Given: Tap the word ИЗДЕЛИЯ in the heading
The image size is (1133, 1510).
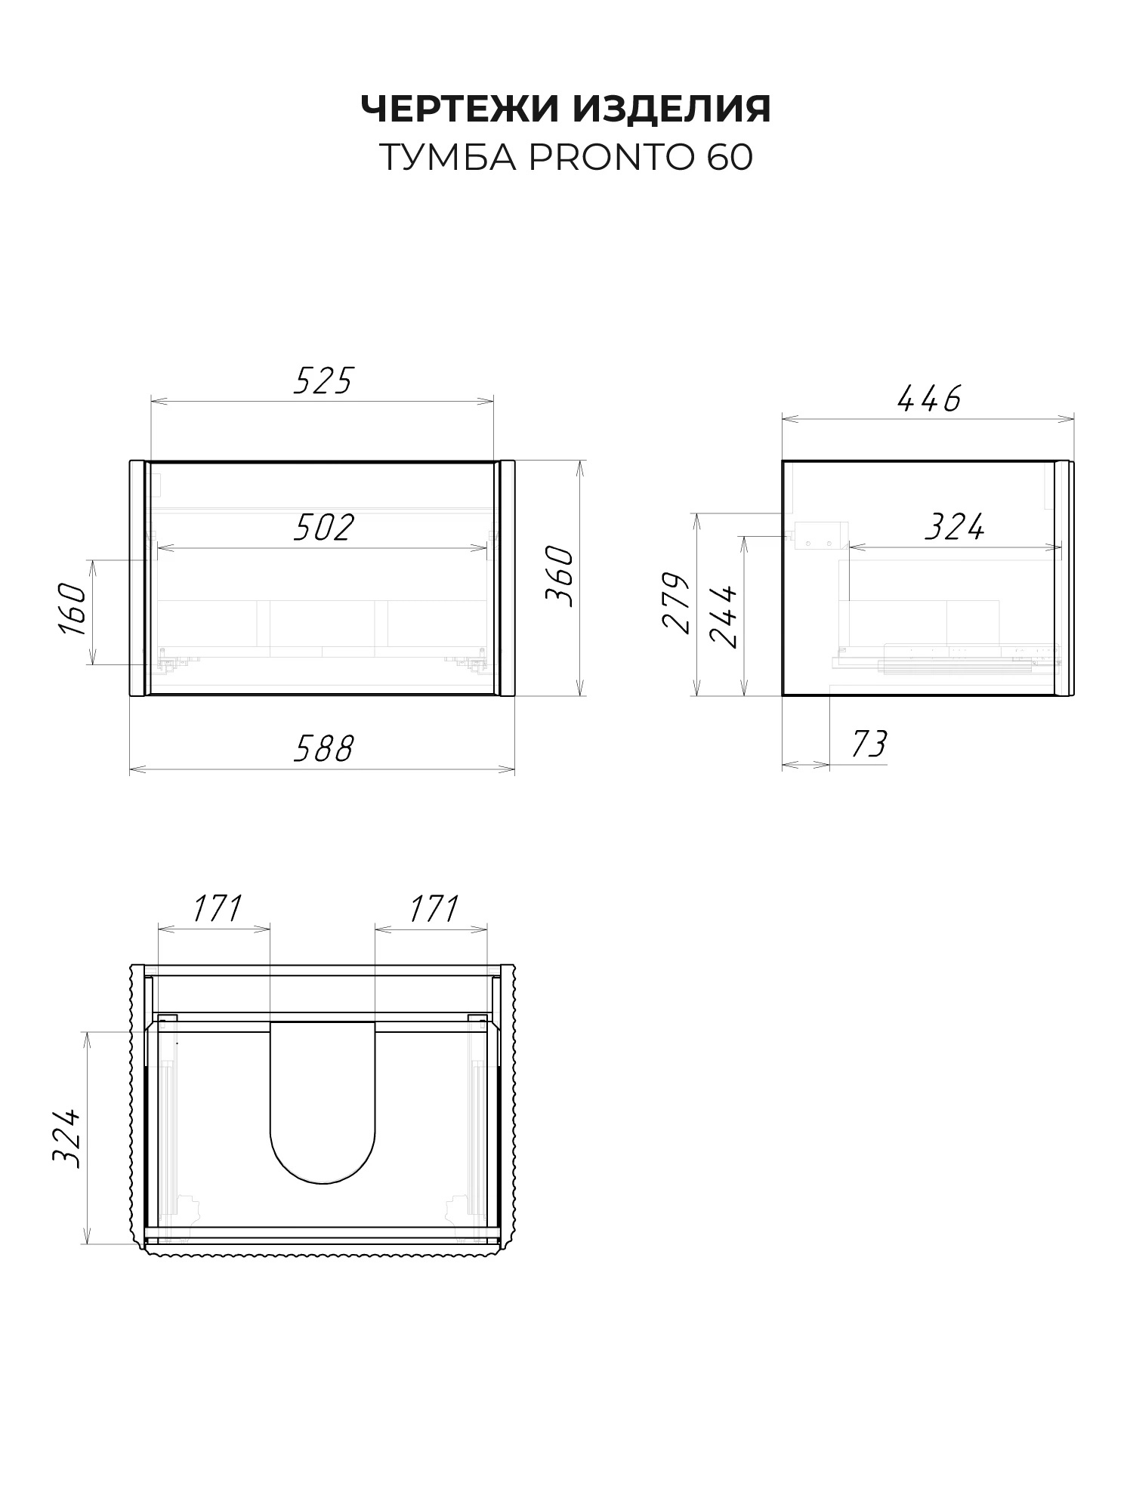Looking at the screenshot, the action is point(672,109).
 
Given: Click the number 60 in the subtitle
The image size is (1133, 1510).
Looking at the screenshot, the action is point(730,158).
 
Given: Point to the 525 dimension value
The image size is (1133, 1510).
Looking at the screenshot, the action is point(323,381).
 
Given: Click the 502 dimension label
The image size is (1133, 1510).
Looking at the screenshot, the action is point(323,528).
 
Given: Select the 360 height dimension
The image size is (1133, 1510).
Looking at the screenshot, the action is point(560,577).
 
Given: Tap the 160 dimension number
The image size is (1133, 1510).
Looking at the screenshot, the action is point(73,609).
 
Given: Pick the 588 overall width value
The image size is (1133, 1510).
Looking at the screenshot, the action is point(323,749).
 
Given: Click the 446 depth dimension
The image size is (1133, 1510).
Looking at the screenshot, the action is point(929,399).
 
